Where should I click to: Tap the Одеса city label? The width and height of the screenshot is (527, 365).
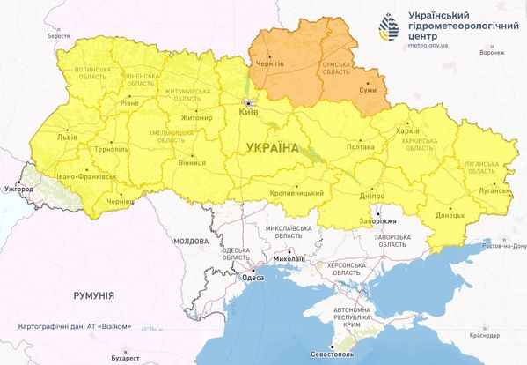[x=252, y=279]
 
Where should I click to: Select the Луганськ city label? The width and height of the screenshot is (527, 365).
[x=490, y=190]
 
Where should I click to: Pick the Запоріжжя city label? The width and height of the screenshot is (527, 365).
[x=380, y=223]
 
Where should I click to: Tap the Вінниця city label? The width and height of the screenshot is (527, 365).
[x=191, y=164]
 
